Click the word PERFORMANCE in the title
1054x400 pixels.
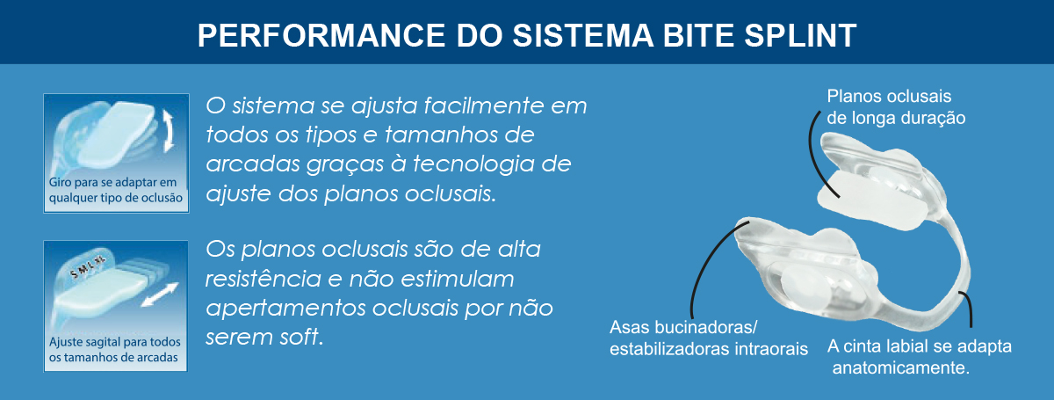click(321, 35)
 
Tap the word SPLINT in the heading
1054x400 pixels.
click(800, 35)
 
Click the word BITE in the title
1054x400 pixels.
click(697, 35)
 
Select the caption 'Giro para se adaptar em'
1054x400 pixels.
click(113, 182)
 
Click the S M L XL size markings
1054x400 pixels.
click(88, 267)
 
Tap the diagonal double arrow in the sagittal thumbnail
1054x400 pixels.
click(160, 295)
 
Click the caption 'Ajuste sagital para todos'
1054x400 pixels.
click(115, 342)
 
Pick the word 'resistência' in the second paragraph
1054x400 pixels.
click(263, 279)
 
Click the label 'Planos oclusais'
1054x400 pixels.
click(889, 96)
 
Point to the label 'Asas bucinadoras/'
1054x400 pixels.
click(683, 327)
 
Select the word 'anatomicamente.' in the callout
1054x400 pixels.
click(901, 367)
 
